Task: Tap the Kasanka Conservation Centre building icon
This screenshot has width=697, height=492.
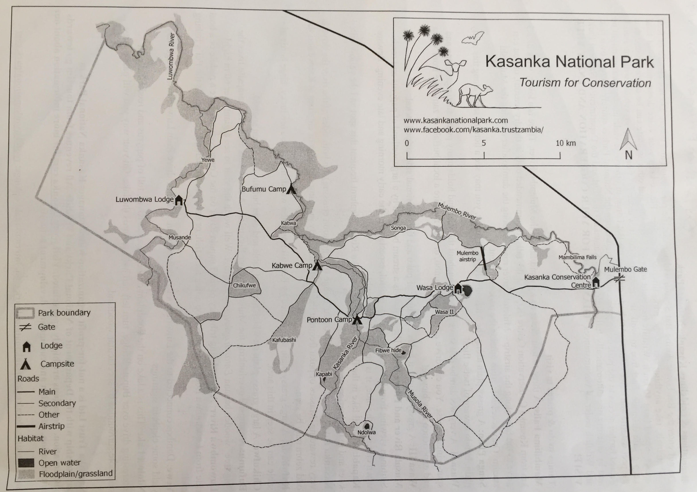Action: coord(596,282)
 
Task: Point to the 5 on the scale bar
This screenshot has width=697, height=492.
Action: coord(484,143)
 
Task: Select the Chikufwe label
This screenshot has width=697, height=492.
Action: coord(244,285)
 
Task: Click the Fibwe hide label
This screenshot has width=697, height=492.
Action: coord(388,350)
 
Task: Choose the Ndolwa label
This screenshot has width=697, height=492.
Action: coord(366,432)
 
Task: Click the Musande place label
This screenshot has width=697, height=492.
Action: coord(180,237)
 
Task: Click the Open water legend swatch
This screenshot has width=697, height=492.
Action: coord(26,463)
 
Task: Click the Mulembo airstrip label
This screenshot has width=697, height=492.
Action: coord(467,256)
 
